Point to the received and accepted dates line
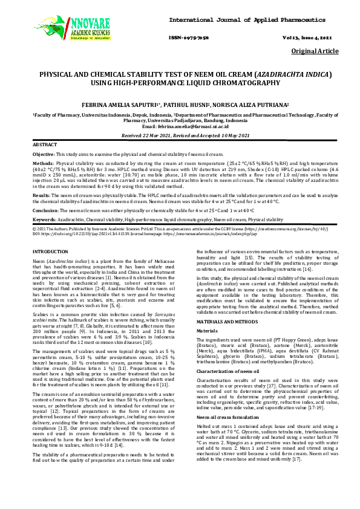point(180,136)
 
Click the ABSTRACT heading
point(45,146)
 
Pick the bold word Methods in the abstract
point(42,163)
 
